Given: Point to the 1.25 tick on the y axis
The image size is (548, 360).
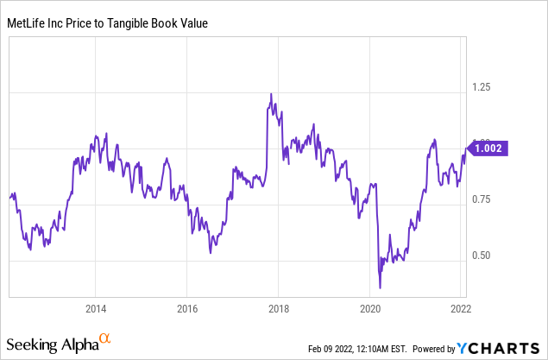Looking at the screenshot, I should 481,87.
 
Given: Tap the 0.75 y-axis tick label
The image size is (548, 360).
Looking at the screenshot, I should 481,199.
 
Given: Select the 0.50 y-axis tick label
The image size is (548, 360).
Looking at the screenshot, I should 481,256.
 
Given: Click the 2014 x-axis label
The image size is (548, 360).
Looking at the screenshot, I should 96,309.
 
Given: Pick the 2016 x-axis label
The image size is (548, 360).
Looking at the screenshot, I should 187,309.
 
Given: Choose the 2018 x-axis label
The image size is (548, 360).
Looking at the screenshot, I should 278,309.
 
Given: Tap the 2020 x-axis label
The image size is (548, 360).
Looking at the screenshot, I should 369,309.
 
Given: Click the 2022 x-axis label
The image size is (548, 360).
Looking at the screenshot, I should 460,309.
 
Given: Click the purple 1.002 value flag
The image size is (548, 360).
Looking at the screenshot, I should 488,148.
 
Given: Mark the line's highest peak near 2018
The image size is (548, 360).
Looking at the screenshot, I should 271,94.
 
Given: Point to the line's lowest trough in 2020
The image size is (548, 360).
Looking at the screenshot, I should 380,287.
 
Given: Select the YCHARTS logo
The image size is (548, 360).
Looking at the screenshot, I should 501,348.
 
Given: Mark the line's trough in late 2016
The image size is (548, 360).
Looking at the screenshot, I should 210,252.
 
